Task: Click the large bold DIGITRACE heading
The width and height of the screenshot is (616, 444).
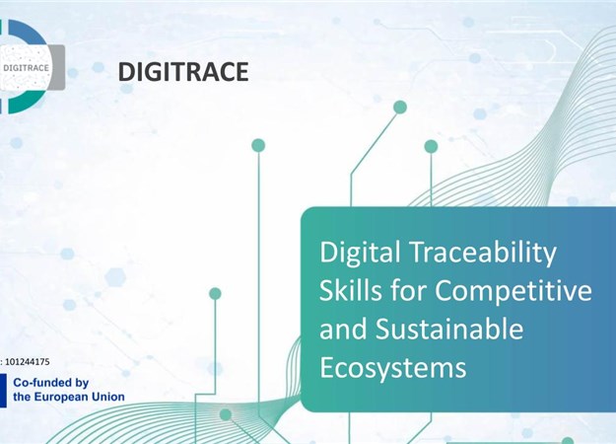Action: (183, 72)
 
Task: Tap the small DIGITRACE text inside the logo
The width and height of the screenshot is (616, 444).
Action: (26, 68)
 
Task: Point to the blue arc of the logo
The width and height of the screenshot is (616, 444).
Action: (30, 32)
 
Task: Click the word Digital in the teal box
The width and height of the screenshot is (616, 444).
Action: (360, 253)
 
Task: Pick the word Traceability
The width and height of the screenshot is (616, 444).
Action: (483, 254)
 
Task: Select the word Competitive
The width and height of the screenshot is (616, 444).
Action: (513, 291)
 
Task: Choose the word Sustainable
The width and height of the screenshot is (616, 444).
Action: (449, 329)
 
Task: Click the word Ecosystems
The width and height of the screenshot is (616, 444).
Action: (393, 368)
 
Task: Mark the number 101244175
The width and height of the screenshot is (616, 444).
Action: (28, 362)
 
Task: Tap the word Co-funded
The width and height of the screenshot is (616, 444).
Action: (38, 383)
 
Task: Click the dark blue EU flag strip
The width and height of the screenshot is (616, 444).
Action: (3, 391)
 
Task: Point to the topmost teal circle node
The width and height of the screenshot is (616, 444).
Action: (400, 108)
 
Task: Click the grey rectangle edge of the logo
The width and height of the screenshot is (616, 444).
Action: (58, 67)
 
